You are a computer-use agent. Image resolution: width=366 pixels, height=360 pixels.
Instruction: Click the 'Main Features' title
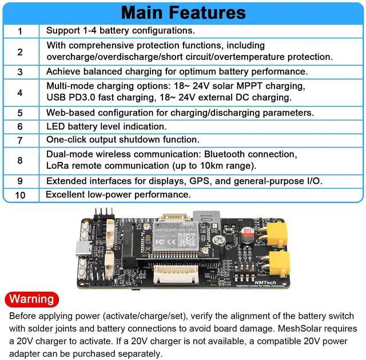coord(183,12)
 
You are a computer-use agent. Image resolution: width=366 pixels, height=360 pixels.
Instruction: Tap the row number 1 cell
coord(21,31)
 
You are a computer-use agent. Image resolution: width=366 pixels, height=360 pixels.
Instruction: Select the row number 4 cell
coord(21,92)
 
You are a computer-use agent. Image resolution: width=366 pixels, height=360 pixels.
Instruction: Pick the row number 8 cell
coord(21,160)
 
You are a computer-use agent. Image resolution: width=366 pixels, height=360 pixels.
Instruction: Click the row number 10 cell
coord(21,195)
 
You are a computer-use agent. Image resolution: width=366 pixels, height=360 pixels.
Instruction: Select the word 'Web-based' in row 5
coord(69,113)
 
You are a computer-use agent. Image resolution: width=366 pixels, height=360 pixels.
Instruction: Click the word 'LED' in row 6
coord(55,126)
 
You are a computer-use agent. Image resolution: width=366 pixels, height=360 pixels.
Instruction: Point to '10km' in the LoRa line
coord(217,165)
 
